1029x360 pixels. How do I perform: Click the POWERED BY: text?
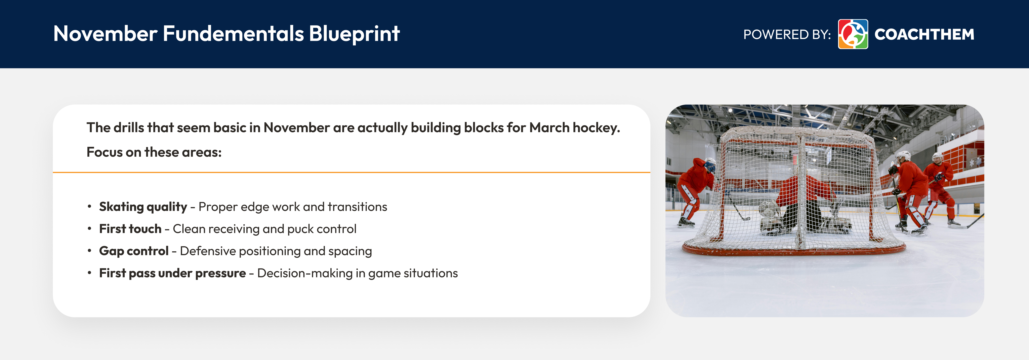point(787,34)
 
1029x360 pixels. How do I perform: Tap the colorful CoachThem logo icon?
point(852,34)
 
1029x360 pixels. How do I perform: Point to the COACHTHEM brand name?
point(924,34)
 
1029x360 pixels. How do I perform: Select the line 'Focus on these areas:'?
point(154,152)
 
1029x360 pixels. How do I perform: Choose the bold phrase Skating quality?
point(143,207)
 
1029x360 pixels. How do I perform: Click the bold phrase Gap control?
point(133,251)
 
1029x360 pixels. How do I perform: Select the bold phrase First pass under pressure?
point(172,273)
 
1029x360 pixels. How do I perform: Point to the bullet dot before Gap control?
point(89,251)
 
